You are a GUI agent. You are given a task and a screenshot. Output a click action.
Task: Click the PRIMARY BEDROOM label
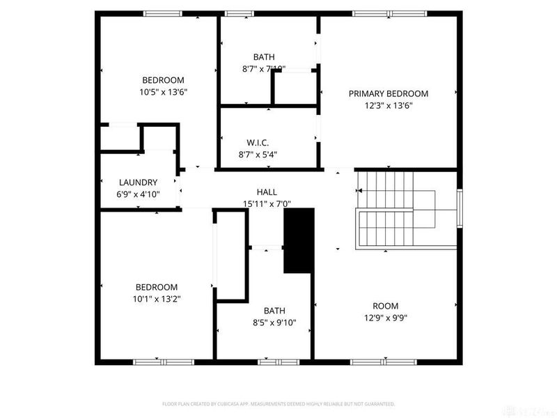(388, 93)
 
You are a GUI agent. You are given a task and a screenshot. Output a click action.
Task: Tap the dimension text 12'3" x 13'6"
(388, 106)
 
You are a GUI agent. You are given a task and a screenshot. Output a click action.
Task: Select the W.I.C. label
(258, 142)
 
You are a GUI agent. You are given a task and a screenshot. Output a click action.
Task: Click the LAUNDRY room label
(137, 183)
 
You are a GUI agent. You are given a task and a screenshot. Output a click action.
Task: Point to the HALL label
(266, 192)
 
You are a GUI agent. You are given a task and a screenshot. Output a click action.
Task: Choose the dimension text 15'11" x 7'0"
(266, 204)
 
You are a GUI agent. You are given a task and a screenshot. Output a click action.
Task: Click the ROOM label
(385, 306)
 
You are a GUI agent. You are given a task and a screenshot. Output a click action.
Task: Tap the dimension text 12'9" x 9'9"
(385, 318)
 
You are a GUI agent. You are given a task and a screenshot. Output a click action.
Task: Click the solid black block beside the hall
(297, 241)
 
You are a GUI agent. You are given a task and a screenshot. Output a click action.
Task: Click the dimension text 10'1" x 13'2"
(156, 299)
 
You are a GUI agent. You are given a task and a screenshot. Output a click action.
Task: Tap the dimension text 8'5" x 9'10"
(274, 323)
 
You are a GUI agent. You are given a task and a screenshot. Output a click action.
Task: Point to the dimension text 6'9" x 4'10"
(137, 194)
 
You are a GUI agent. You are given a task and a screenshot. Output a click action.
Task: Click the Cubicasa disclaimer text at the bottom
(278, 404)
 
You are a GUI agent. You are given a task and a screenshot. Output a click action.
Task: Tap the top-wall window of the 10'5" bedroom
(162, 13)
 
